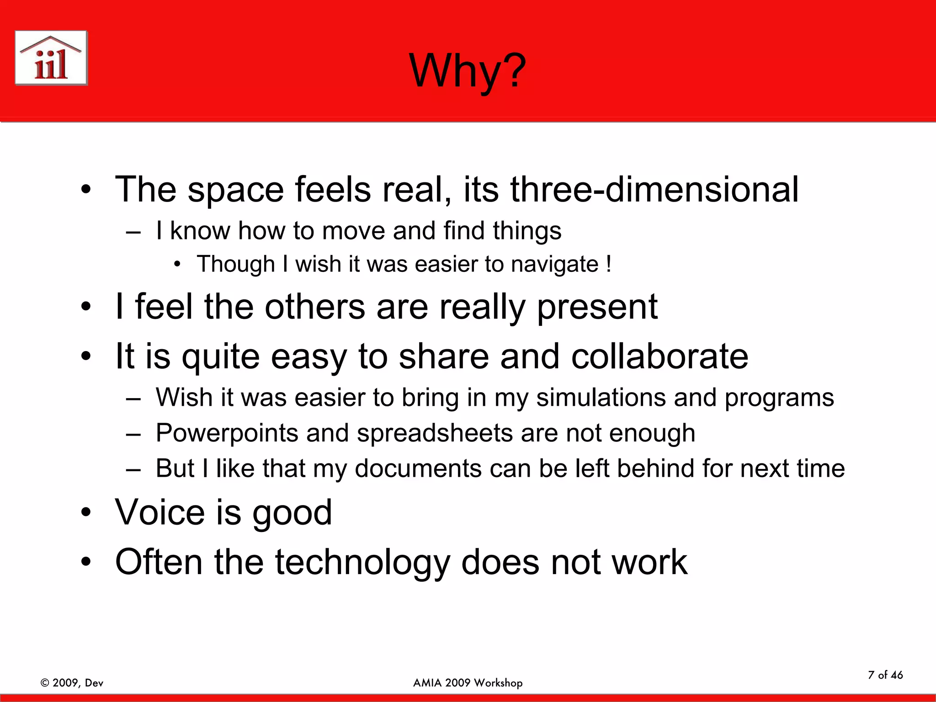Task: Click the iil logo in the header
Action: pos(51,58)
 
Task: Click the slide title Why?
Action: pos(468,71)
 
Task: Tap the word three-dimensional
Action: pos(654,189)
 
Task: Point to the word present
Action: pos(597,307)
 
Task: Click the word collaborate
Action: pos(659,356)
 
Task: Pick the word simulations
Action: pos(601,397)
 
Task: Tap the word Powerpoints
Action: pos(227,433)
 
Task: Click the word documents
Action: pos(418,468)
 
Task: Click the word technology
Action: pos(362,562)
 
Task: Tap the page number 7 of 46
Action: pos(885,675)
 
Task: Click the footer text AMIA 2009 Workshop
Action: pos(468,683)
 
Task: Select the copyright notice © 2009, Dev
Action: pos(72,683)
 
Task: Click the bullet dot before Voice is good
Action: pos(86,513)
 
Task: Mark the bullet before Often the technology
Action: pos(86,563)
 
